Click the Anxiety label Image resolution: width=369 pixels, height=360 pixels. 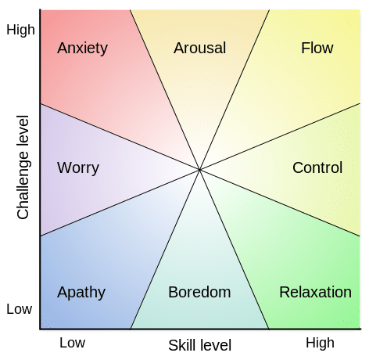pos(82,49)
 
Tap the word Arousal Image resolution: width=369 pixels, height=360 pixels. pos(199,49)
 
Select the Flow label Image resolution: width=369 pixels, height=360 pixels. pos(317,49)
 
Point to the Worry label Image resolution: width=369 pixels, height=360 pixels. pos(78,167)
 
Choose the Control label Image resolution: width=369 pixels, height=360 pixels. pos(317,167)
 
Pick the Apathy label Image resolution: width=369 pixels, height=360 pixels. pos(81,293)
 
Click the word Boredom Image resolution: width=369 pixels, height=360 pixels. pos(199,293)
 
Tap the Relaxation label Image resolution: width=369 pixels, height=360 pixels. pos(315,293)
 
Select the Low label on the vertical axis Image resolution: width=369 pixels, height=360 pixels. pos(19,309)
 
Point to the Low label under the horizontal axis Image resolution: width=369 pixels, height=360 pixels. pos(72,343)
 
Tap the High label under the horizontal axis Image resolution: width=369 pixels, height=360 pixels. pos(320,343)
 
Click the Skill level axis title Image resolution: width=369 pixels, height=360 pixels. pos(199,344)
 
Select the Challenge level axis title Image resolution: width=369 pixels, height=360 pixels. pos(23,167)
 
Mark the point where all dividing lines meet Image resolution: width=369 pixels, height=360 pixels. pos(199,169)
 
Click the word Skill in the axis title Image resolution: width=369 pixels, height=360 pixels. pos(183,344)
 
